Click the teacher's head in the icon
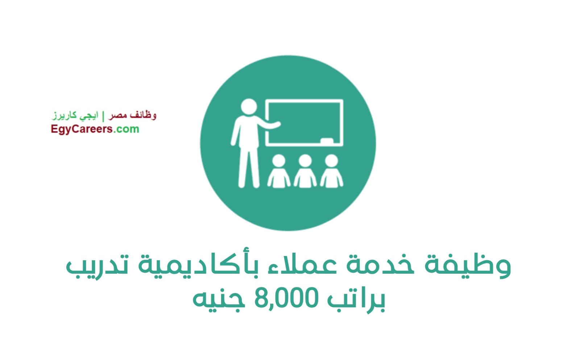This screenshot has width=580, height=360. pos(249,106)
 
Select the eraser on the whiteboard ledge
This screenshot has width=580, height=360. pos(327,141)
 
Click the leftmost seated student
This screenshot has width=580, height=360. pos(279,171)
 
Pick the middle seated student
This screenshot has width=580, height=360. pos(305,171)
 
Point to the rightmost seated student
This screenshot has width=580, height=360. pos(331,171)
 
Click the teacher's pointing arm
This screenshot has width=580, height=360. pos(268,124)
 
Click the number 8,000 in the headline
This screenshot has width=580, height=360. pos(286,298)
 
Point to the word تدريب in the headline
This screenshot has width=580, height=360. pos(97,267)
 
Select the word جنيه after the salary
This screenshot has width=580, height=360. pos(219,301)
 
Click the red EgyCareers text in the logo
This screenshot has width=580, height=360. pos(82,129)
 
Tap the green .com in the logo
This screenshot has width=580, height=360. pos(126,129)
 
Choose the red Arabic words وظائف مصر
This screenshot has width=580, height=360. pos(132,115)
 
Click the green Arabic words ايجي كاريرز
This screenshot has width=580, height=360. pos(75,116)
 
